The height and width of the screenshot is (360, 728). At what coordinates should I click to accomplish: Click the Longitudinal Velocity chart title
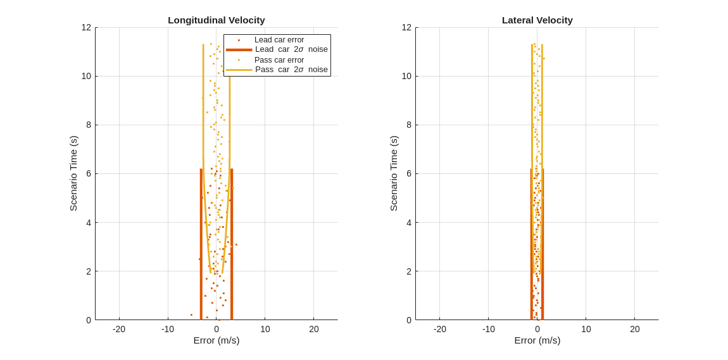point(217,20)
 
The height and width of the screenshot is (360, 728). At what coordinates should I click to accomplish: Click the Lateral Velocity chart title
point(537,20)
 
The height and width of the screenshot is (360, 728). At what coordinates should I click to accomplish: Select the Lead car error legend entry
point(279,40)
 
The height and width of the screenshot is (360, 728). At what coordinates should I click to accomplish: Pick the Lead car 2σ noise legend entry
point(291,49)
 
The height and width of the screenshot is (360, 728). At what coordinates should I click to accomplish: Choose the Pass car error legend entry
point(279,60)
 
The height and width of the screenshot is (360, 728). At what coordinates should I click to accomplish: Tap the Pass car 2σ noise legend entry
point(291,70)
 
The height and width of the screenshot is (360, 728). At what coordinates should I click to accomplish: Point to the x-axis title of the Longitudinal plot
point(217,340)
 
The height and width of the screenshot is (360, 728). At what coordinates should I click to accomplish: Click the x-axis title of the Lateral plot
point(537,340)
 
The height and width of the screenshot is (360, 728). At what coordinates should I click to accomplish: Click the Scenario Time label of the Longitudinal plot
point(73,173)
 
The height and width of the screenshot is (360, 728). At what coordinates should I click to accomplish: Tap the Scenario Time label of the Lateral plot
point(394,173)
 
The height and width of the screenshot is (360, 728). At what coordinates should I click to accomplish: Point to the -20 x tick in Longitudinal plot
point(119,329)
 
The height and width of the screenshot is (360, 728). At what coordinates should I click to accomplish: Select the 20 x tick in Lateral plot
point(634,329)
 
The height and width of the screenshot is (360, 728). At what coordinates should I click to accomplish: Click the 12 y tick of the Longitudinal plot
point(86,27)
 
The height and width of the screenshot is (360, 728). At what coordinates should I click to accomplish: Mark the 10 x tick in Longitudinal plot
point(265,329)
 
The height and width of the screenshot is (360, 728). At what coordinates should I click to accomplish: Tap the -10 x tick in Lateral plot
point(488,329)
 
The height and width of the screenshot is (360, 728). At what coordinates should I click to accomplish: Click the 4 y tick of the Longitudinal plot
point(89,223)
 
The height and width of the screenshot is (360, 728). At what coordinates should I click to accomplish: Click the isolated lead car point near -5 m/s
point(191,315)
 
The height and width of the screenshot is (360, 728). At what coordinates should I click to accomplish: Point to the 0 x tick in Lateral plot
point(537,329)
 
